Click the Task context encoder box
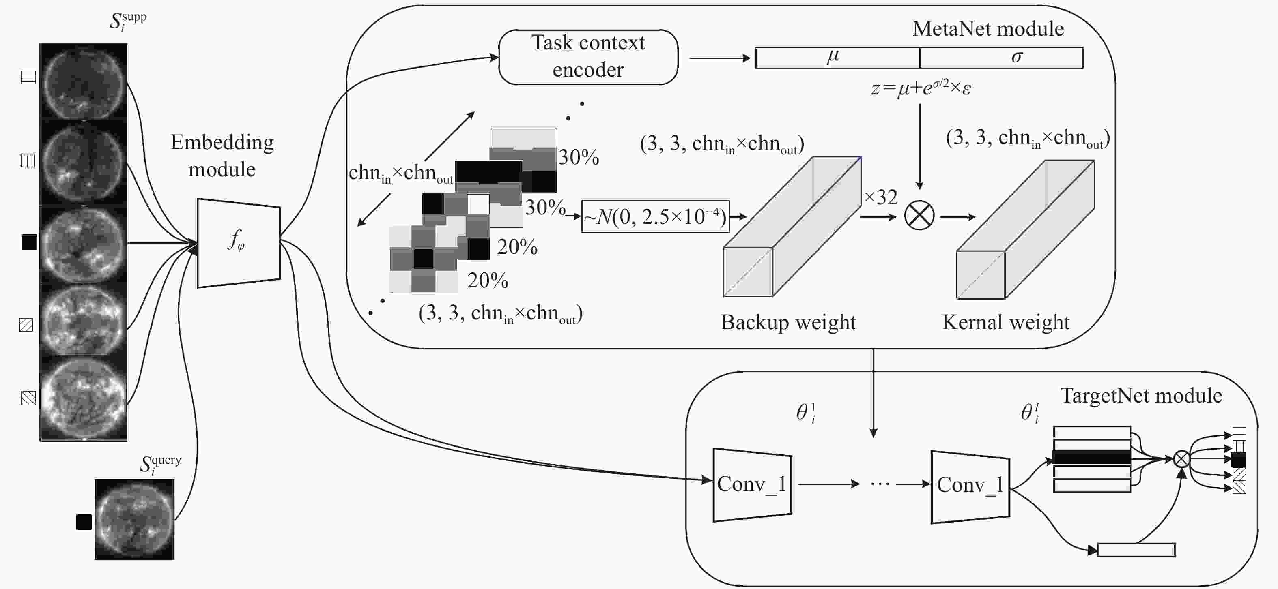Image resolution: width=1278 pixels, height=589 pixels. [x=588, y=57]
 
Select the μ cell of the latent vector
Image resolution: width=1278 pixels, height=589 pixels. [x=837, y=58]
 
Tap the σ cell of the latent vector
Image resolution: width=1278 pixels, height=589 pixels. [x=1001, y=58]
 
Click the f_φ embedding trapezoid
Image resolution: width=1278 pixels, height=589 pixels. [x=239, y=243]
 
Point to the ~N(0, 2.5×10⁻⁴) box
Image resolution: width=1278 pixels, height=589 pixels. [x=655, y=216]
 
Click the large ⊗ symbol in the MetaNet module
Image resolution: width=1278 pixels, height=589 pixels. [x=919, y=216]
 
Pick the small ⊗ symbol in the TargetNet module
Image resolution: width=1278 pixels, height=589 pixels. [x=1182, y=459]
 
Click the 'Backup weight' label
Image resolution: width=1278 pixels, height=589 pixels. [x=788, y=322]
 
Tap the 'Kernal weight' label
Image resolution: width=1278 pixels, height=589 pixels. [x=1006, y=322]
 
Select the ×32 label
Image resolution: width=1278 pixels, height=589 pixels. [x=881, y=197]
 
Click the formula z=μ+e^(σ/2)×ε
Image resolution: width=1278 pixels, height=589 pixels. [x=921, y=87]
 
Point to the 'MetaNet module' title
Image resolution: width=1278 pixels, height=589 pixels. [x=988, y=29]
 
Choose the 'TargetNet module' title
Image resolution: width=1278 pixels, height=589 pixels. [x=1141, y=396]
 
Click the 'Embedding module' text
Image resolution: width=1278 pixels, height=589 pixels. [x=222, y=156]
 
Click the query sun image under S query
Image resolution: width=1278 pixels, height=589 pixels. [x=134, y=519]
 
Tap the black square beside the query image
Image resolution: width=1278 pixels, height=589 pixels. [x=84, y=522]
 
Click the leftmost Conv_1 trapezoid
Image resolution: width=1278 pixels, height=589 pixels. [x=752, y=485]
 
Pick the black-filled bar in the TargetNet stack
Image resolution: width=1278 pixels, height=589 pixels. [x=1091, y=457]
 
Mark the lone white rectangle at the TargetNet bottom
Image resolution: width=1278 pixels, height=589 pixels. [x=1136, y=550]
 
